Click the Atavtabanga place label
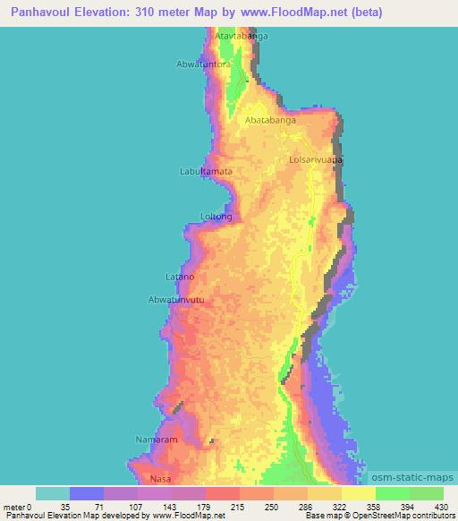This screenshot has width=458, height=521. [242, 36]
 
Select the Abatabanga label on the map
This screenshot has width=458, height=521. [271, 117]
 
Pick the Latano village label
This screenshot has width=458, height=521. [180, 277]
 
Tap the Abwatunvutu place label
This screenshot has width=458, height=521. [182, 300]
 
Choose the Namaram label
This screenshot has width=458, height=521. [157, 440]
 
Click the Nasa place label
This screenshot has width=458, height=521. [160, 479]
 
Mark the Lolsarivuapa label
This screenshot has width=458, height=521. [317, 160]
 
